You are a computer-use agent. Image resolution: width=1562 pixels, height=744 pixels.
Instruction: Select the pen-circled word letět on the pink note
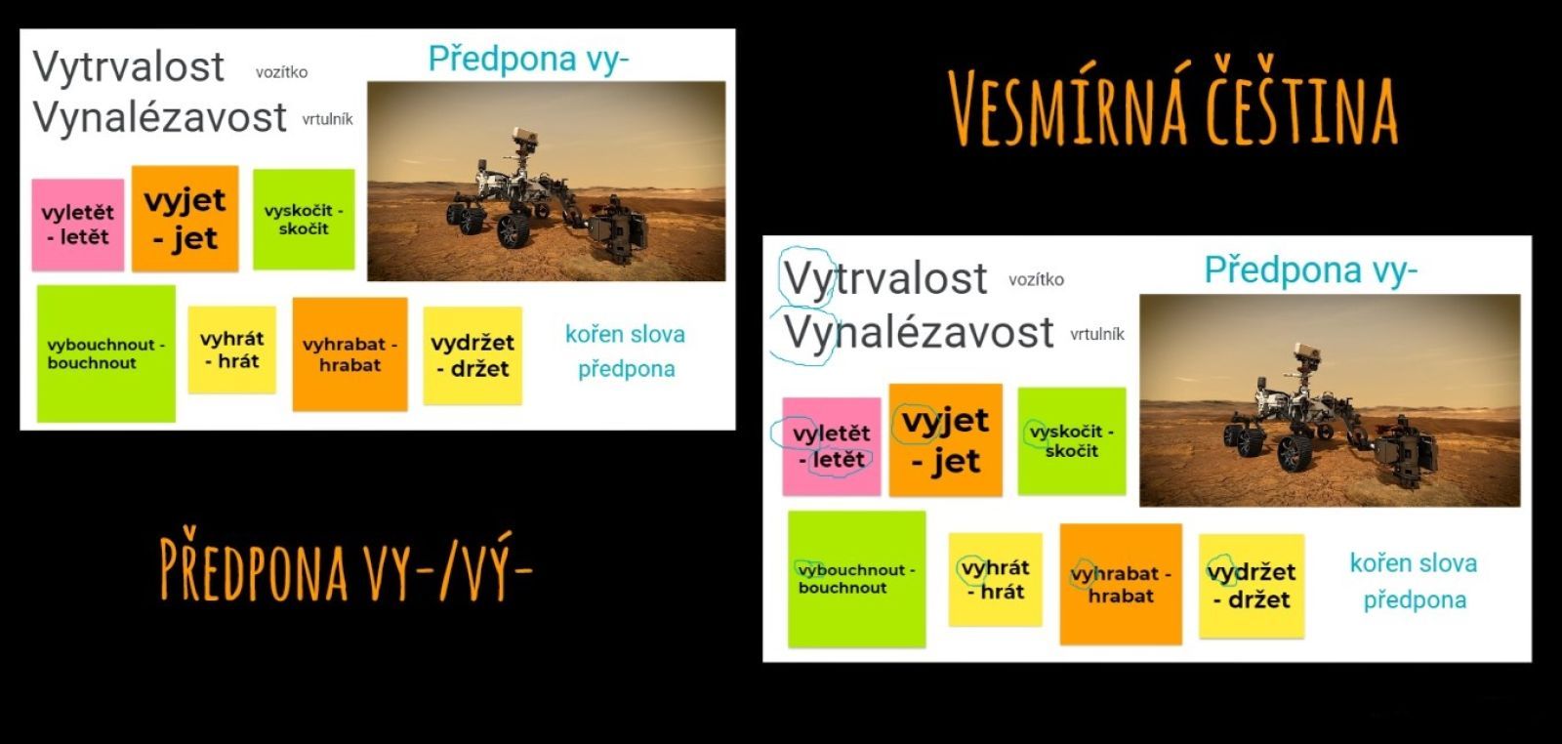tap(839, 460)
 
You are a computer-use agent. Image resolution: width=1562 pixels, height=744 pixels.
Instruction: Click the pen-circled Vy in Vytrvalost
tap(806, 277)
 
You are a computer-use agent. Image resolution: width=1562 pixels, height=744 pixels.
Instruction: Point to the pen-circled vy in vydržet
tap(1221, 572)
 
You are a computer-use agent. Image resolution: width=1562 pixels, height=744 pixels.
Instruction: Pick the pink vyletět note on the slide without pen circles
tap(78, 225)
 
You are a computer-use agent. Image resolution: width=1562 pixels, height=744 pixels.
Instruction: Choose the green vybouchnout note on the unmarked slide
tap(106, 353)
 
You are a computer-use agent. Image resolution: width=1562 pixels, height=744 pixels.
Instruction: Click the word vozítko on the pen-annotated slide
tap(1036, 279)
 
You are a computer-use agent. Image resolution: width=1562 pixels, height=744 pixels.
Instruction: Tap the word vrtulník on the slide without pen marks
tap(328, 119)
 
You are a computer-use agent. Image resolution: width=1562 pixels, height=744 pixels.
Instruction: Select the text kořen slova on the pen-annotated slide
tap(1414, 562)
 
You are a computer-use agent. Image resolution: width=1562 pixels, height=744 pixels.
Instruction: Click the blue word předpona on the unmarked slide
tap(626, 369)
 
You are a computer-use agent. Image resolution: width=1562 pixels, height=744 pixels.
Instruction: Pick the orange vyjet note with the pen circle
tap(946, 440)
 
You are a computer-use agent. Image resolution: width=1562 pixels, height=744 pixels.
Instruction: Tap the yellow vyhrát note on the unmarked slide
tap(232, 350)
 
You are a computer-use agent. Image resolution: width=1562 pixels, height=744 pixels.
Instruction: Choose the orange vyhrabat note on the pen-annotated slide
tap(1121, 584)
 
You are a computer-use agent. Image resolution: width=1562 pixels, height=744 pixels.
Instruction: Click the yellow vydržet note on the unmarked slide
tap(473, 355)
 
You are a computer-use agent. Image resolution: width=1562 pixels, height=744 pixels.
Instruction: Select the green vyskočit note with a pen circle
tap(1072, 440)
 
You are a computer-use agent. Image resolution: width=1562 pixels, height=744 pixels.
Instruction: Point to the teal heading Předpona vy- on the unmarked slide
tap(528, 60)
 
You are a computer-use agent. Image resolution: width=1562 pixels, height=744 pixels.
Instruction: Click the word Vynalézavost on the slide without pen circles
tap(160, 117)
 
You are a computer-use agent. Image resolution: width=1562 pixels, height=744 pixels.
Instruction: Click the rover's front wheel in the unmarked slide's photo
tap(514, 230)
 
